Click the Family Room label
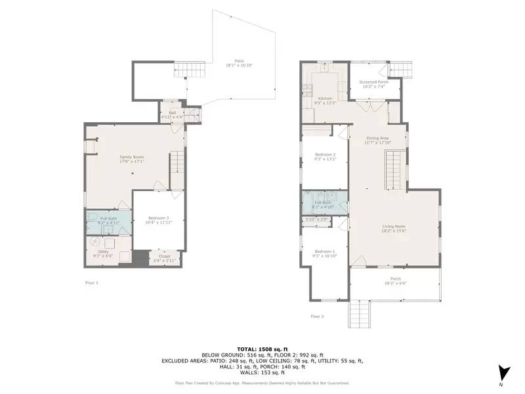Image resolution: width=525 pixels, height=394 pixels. click(x=131, y=157)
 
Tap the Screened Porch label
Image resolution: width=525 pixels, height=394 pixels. click(x=373, y=82)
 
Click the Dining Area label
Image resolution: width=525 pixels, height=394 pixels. click(x=378, y=138)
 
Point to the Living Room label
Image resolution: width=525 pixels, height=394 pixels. click(x=394, y=227)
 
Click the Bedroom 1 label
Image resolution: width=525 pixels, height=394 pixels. click(x=325, y=252)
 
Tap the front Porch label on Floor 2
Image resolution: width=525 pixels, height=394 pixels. click(x=395, y=278)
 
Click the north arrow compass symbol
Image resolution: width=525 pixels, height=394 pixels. click(x=503, y=372)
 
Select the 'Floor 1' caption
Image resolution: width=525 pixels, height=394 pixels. click(x=92, y=282)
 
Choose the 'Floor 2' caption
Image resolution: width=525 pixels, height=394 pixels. click(x=317, y=316)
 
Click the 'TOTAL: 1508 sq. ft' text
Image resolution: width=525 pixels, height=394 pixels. click(x=262, y=348)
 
